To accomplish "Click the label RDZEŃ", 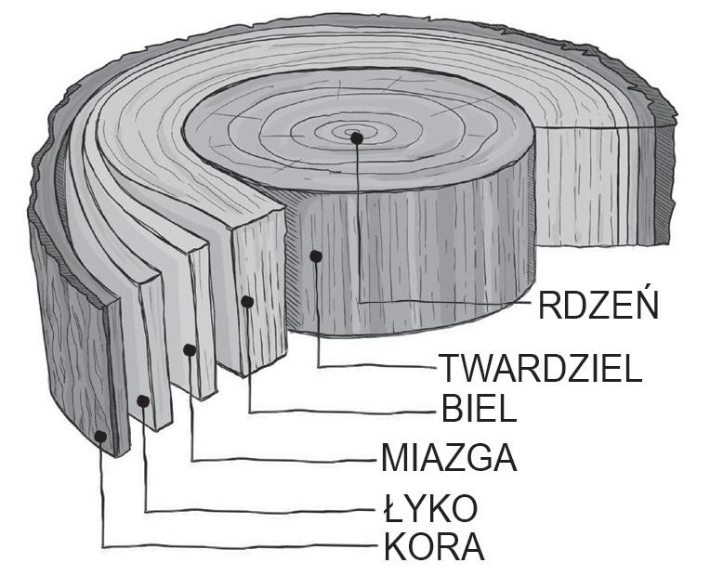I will pyautogui.click(x=599, y=305).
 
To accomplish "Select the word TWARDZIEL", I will pyautogui.click(x=540, y=369).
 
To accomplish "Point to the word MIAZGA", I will pyautogui.click(x=449, y=458).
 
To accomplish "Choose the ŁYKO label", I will pyautogui.click(x=430, y=508).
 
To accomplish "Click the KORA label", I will pyautogui.click(x=433, y=547).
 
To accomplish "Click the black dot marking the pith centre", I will pyautogui.click(x=357, y=137).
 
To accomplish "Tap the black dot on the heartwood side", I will pyautogui.click(x=317, y=255).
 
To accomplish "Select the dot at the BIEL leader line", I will pyautogui.click(x=247, y=301).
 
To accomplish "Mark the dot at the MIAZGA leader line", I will pyautogui.click(x=190, y=350).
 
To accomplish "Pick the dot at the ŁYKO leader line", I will pyautogui.click(x=144, y=400).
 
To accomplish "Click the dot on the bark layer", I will pyautogui.click(x=100, y=435).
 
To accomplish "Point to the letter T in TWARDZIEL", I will pyautogui.click(x=449, y=369).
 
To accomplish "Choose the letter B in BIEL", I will pyautogui.click(x=449, y=408).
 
